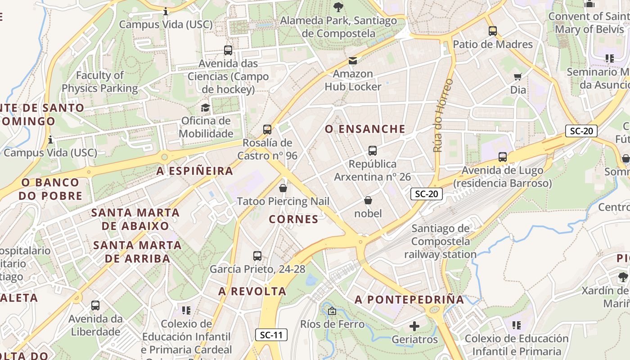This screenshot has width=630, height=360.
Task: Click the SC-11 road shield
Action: [271, 335]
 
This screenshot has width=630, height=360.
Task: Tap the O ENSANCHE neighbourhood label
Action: [365, 129]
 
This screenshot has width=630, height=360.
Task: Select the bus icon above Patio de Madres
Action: [493, 31]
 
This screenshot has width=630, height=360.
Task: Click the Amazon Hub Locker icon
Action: [353, 60]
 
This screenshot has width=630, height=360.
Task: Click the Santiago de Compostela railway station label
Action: [440, 242]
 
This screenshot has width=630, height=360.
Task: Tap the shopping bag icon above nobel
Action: [368, 200]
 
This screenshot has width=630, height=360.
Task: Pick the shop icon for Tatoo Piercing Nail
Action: [283, 188]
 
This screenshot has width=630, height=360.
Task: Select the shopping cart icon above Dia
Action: [518, 76]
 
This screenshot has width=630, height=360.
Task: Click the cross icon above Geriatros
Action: [414, 326]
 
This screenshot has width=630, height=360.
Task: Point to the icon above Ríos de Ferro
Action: [332, 310]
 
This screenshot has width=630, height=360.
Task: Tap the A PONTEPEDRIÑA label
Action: [409, 300]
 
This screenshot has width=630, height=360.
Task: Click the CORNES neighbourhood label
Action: [293, 219]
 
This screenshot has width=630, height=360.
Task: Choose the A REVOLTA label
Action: [252, 292]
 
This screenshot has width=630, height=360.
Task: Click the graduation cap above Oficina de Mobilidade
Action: [206, 108]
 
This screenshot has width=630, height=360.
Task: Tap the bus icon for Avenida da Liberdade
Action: [95, 306]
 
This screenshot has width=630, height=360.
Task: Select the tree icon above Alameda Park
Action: [338, 7]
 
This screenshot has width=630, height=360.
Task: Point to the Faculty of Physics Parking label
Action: [100, 82]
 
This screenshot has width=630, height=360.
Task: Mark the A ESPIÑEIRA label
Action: [195, 171]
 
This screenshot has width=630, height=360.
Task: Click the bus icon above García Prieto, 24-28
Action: [257, 256]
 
